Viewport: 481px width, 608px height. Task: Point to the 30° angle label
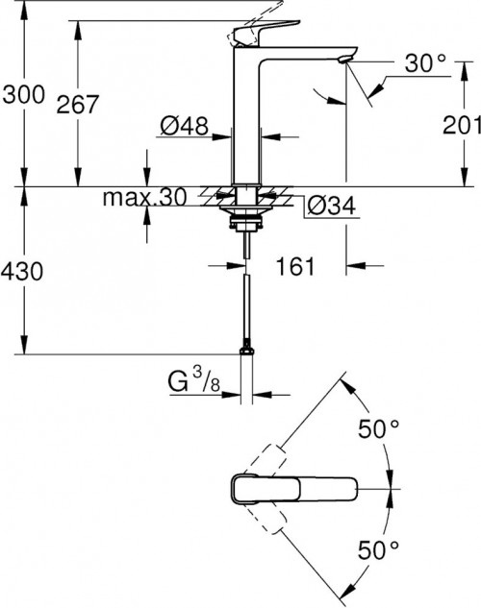coord(426,64)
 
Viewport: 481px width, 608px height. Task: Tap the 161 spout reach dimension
coord(297,266)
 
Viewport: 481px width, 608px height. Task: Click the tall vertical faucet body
coord(251,115)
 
